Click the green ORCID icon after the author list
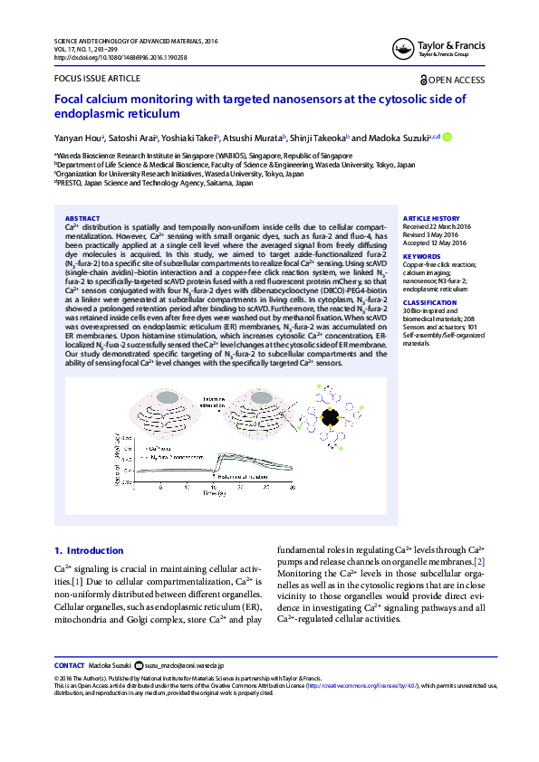[447, 138]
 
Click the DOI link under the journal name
[120, 57]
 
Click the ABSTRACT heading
[82, 218]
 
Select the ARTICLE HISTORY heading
[431, 218]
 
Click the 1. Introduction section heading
[89, 550]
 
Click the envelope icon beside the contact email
[139, 664]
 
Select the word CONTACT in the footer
[70, 664]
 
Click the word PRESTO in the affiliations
[70, 182]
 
